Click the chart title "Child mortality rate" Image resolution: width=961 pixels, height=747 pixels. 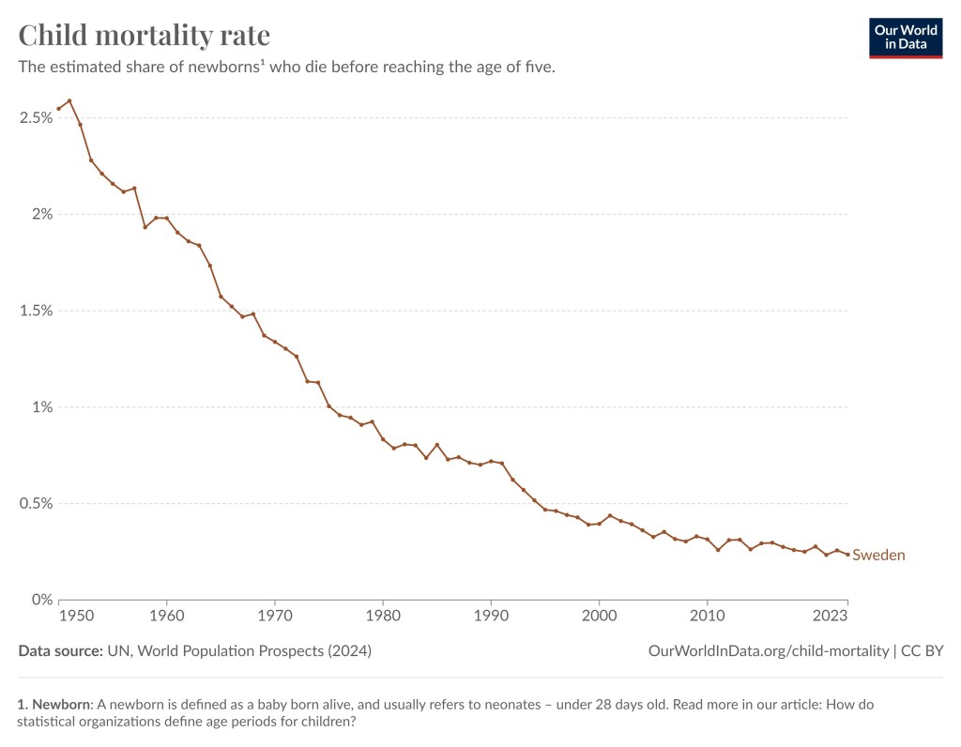point(145,36)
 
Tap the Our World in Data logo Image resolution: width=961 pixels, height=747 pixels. point(905,37)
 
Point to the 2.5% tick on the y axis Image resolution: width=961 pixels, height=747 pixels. point(35,117)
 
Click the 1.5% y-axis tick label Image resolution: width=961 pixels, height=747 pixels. point(35,311)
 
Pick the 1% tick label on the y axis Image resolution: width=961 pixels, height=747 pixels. point(40,407)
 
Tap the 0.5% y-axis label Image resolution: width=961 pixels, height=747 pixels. point(35,504)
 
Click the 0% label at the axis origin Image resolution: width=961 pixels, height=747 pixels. point(40,600)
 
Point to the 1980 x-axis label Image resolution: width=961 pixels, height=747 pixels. point(383,617)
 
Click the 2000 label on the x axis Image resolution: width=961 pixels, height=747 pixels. point(599,617)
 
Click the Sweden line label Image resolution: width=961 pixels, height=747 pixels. point(878,555)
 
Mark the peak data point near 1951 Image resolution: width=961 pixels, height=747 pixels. point(69,100)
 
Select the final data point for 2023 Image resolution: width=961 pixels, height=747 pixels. point(847,554)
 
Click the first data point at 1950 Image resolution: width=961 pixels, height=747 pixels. point(58,108)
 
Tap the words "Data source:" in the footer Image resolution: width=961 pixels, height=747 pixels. point(59,650)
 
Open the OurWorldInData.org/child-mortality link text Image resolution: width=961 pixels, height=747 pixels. point(769,650)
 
